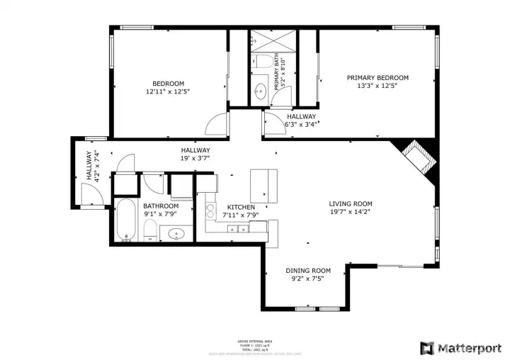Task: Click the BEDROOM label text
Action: coord(168,83)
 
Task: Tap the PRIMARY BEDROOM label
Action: coord(377,78)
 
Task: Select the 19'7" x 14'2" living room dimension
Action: coord(350,211)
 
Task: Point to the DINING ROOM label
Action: coord(308,271)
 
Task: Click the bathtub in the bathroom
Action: coord(126,220)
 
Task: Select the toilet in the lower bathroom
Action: coord(150,229)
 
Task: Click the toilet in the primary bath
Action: coord(260,64)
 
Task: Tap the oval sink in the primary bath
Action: coord(261,91)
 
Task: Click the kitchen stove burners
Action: coord(210,210)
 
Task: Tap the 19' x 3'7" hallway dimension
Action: coord(195,159)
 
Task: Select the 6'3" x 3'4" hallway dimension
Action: coord(301,125)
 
